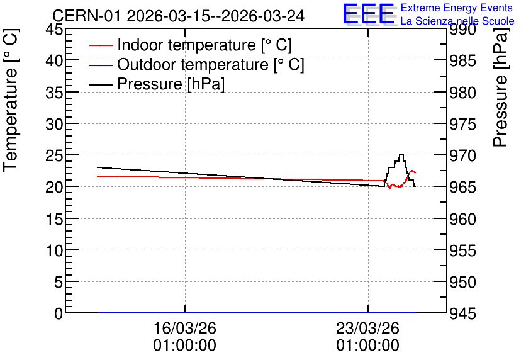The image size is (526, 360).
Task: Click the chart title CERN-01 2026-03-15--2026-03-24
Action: click(179, 16)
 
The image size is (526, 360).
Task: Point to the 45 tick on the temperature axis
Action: click(54, 29)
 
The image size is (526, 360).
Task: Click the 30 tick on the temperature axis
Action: click(54, 124)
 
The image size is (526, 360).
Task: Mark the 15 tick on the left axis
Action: click(54, 219)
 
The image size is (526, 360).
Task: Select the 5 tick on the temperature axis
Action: click(59, 282)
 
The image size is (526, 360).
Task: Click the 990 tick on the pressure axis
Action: click(462, 30)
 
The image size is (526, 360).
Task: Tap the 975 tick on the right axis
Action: click(462, 125)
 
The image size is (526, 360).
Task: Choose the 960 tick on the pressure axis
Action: click(462, 220)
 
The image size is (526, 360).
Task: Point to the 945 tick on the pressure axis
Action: click(462, 315)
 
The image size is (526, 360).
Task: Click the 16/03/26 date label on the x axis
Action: click(185, 337)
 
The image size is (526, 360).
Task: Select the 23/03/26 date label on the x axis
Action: click(368, 337)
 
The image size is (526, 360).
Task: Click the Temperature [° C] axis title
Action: click(11, 100)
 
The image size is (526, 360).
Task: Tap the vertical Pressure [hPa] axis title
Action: click(500, 87)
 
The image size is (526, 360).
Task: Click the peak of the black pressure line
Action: click(401, 155)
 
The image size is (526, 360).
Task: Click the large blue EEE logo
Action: click(369, 14)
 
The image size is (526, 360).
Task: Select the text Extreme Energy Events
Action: click(457, 8)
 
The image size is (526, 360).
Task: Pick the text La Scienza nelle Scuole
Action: click(457, 21)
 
